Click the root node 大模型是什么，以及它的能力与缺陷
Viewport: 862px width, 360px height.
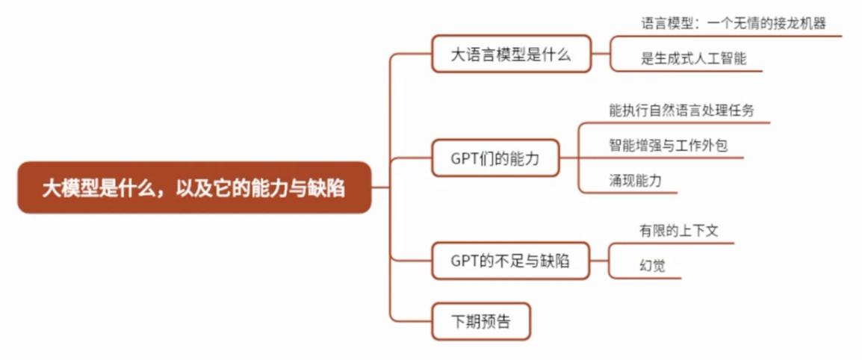193,187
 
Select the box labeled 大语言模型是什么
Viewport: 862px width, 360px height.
511,54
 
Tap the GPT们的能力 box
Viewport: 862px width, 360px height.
495,158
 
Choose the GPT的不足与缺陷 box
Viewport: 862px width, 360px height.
510,261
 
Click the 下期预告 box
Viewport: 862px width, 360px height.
481,322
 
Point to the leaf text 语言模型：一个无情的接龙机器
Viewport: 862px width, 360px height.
733,23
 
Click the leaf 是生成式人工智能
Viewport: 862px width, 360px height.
693,59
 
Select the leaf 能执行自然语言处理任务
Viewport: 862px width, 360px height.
681,111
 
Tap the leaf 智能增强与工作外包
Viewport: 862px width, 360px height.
668,146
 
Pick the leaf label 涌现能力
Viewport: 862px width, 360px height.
635,181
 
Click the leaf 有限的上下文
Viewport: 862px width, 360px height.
678,232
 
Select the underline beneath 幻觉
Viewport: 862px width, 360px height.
646,279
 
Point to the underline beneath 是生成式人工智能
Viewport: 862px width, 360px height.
687,71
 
